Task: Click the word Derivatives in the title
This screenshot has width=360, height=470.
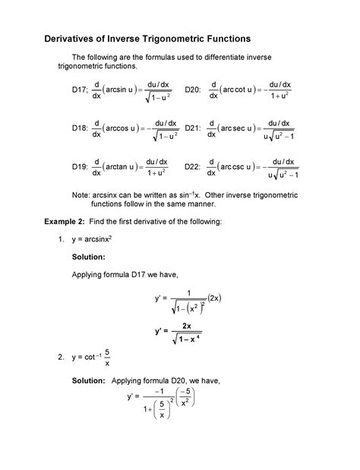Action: pos(68,37)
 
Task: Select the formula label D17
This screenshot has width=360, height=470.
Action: pos(81,90)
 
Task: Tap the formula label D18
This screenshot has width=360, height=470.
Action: pos(81,129)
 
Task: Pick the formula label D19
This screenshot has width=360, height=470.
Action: pos(81,167)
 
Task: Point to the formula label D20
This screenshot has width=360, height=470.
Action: pos(193,90)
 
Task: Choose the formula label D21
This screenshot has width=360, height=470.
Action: pos(193,129)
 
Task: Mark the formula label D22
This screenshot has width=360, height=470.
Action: pos(193,167)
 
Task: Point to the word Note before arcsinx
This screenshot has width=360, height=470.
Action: pos(81,194)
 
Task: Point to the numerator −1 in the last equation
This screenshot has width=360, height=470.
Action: pos(159,393)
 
